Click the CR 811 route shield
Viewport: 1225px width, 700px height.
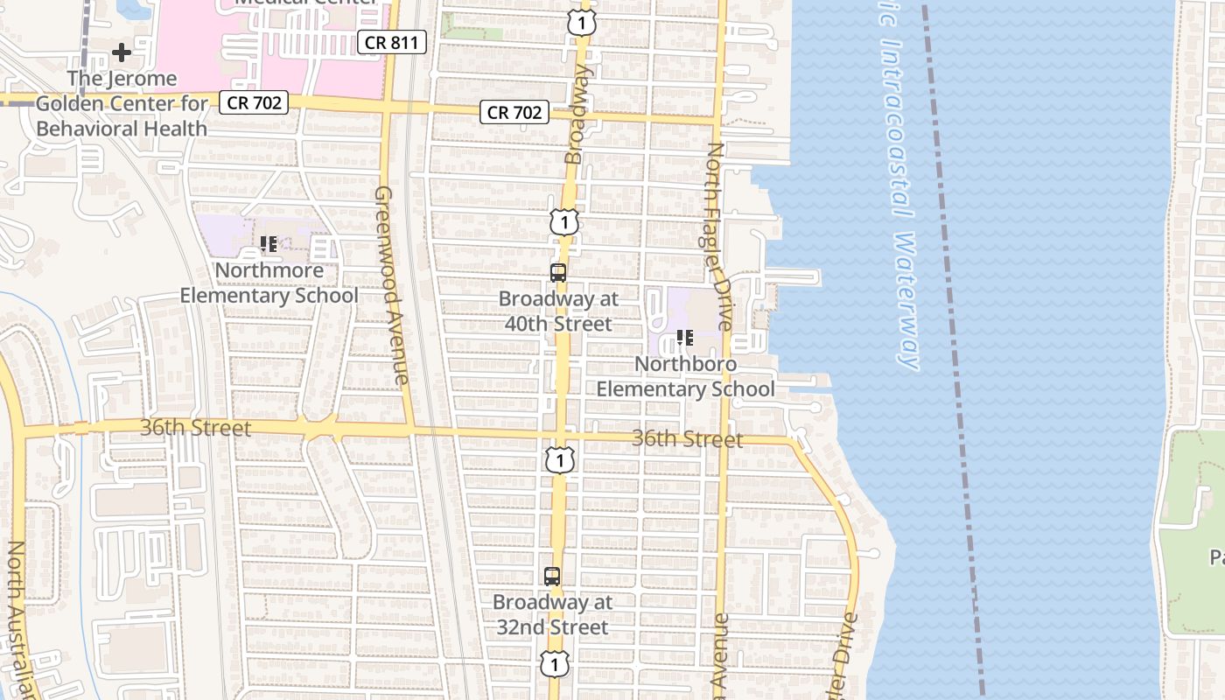391,41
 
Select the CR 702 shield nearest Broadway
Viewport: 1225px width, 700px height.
514,112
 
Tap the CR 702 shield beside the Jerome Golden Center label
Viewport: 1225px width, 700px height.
254,102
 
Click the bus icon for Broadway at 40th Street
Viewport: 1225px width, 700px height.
558,272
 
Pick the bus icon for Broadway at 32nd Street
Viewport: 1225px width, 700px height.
551,577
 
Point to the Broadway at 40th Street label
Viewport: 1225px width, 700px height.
558,311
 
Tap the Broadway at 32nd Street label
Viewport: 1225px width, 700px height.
552,615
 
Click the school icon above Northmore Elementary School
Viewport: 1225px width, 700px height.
269,244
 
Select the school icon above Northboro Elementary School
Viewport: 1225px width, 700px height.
685,337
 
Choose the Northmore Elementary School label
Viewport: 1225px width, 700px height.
269,283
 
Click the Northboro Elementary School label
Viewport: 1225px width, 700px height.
686,376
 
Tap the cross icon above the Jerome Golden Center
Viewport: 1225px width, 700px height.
122,52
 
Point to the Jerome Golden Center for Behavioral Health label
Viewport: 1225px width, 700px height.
122,103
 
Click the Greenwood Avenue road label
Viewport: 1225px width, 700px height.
391,284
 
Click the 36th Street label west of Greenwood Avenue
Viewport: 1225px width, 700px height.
195,428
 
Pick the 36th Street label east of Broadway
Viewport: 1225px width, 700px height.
687,438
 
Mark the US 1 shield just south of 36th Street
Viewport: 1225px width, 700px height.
560,459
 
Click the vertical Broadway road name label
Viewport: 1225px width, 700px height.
577,114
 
